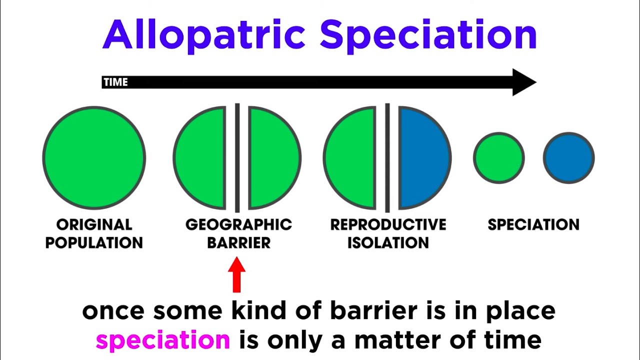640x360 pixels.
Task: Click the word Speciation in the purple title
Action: [428, 35]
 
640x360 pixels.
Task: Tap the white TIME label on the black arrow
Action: [115, 82]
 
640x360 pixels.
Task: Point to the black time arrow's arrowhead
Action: [523, 82]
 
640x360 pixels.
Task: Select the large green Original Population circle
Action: [94, 157]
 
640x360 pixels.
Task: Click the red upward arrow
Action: [237, 274]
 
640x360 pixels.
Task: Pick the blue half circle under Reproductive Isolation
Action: [422, 157]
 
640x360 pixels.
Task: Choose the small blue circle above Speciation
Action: [568, 158]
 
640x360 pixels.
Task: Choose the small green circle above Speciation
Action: [498, 158]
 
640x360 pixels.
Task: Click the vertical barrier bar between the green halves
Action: [237, 157]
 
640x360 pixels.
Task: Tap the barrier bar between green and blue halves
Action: [387, 157]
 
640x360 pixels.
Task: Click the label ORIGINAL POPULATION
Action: [94, 233]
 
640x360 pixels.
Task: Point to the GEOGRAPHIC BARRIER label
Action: [238, 233]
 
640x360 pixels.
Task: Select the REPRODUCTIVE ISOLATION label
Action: [388, 233]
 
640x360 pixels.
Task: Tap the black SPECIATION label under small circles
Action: [533, 225]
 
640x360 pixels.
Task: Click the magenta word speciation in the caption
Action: [163, 340]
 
